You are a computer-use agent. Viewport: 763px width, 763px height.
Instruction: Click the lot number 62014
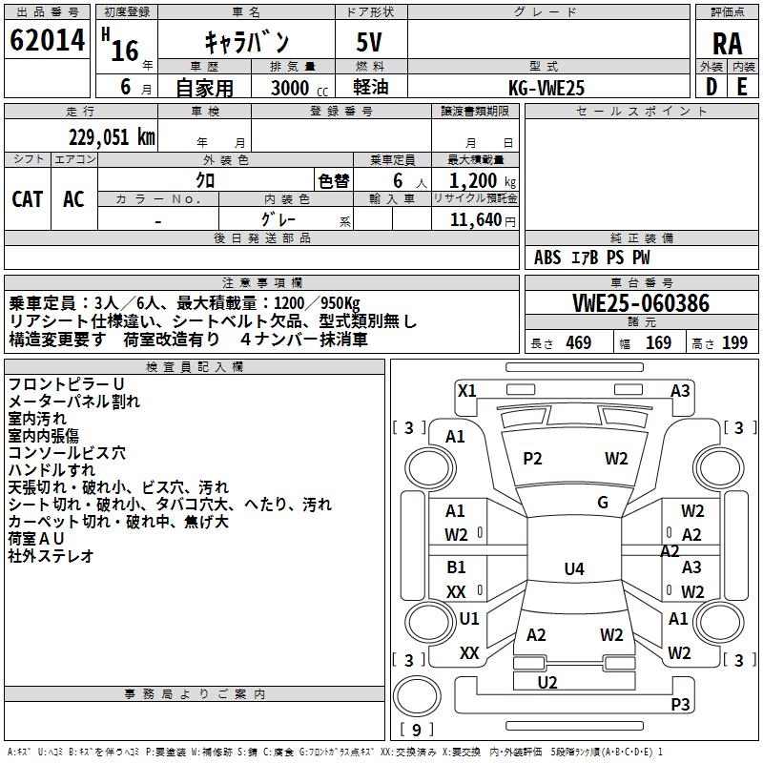(47, 41)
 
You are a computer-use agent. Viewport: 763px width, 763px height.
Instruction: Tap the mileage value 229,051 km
(112, 136)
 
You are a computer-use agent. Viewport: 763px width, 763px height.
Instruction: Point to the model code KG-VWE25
(546, 88)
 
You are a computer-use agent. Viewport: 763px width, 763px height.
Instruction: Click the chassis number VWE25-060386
(642, 303)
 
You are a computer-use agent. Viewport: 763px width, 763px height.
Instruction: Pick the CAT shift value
(27, 198)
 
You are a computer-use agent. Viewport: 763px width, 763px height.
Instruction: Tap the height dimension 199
(734, 343)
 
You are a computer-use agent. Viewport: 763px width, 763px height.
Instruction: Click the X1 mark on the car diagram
(466, 390)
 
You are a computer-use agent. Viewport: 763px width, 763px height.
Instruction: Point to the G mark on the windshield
(603, 503)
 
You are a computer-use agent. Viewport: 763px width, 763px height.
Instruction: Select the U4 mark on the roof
(573, 569)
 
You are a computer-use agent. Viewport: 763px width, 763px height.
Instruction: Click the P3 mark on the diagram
(680, 705)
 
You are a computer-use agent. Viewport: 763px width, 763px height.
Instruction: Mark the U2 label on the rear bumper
(547, 682)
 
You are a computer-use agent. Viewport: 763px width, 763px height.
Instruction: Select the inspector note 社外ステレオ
(52, 556)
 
